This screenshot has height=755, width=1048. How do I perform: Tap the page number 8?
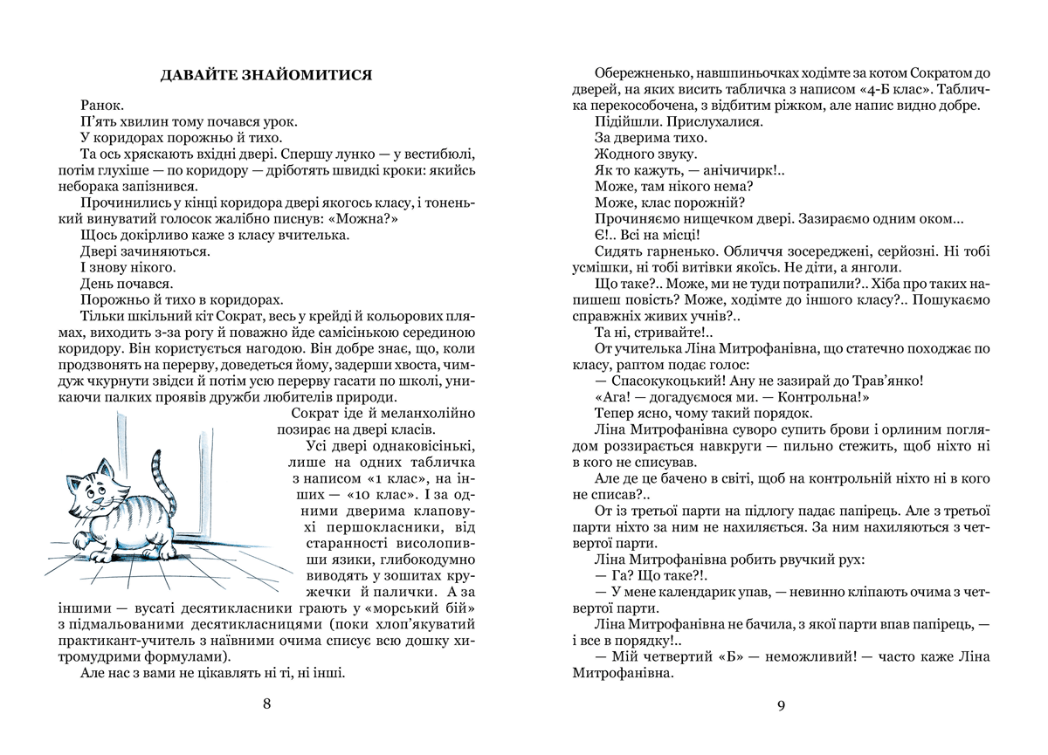(x=267, y=705)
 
